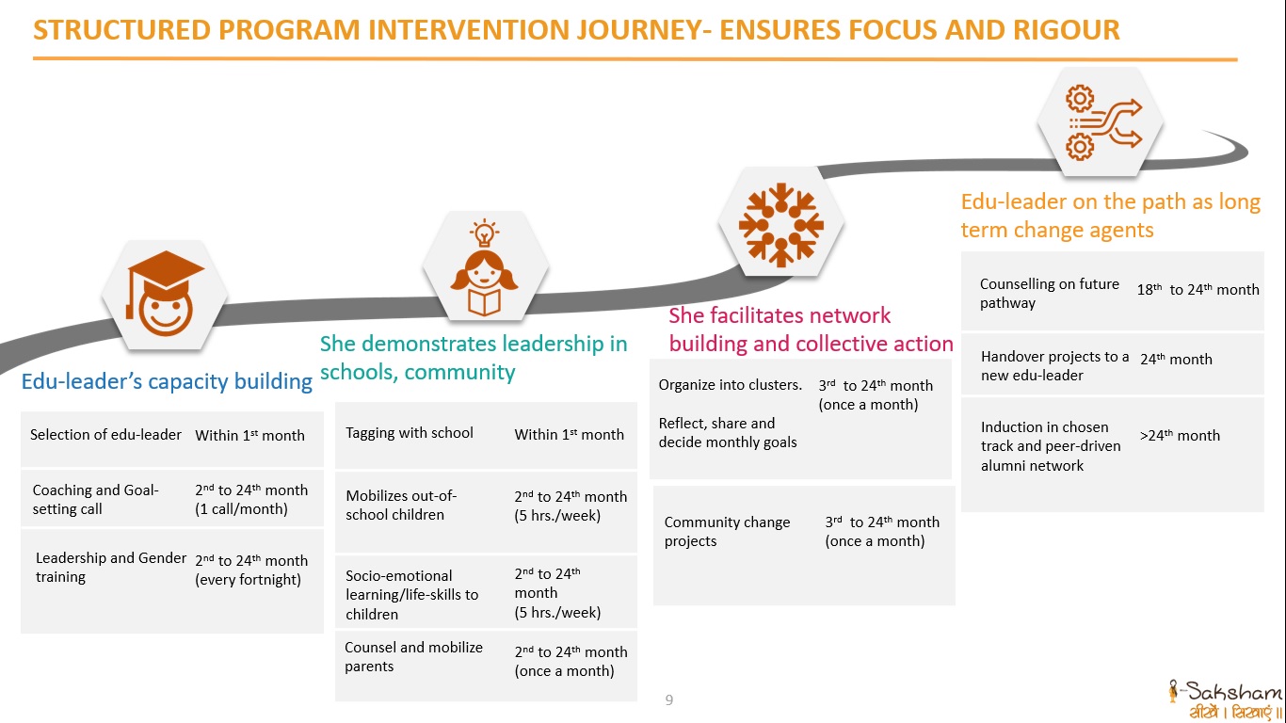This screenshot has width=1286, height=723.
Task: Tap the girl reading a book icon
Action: [x=485, y=268]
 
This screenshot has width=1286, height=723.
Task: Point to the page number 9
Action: [x=669, y=699]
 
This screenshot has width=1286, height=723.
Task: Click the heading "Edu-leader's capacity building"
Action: [x=167, y=381]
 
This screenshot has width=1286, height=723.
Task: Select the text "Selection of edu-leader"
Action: [x=105, y=434]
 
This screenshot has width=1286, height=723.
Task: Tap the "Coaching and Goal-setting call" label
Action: [x=95, y=499]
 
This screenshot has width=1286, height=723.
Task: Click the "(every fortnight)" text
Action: [x=248, y=580]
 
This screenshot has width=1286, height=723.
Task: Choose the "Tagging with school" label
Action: [x=410, y=433]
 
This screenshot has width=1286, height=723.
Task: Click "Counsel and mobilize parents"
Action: [x=413, y=656]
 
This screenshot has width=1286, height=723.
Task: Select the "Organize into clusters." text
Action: [x=730, y=384]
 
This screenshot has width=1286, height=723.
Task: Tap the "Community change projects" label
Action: [x=727, y=531]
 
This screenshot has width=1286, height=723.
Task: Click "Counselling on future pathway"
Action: [x=1049, y=293]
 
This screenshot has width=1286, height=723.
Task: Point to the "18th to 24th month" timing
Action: [x=1198, y=290]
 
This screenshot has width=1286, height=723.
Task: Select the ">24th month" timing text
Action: [x=1180, y=435]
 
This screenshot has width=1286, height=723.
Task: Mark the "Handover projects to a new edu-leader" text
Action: [x=1054, y=365]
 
